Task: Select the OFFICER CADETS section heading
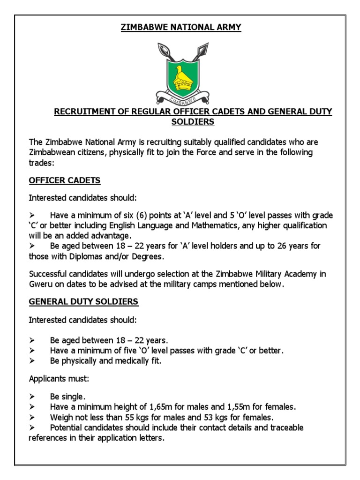[x=65, y=180]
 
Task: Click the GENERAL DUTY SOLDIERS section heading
[x=83, y=302]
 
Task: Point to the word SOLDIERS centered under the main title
[x=192, y=122]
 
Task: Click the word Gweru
[x=40, y=284]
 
